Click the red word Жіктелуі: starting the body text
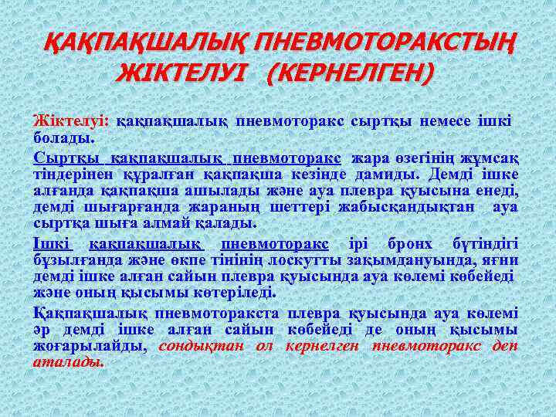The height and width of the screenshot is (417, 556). coord(71,121)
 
